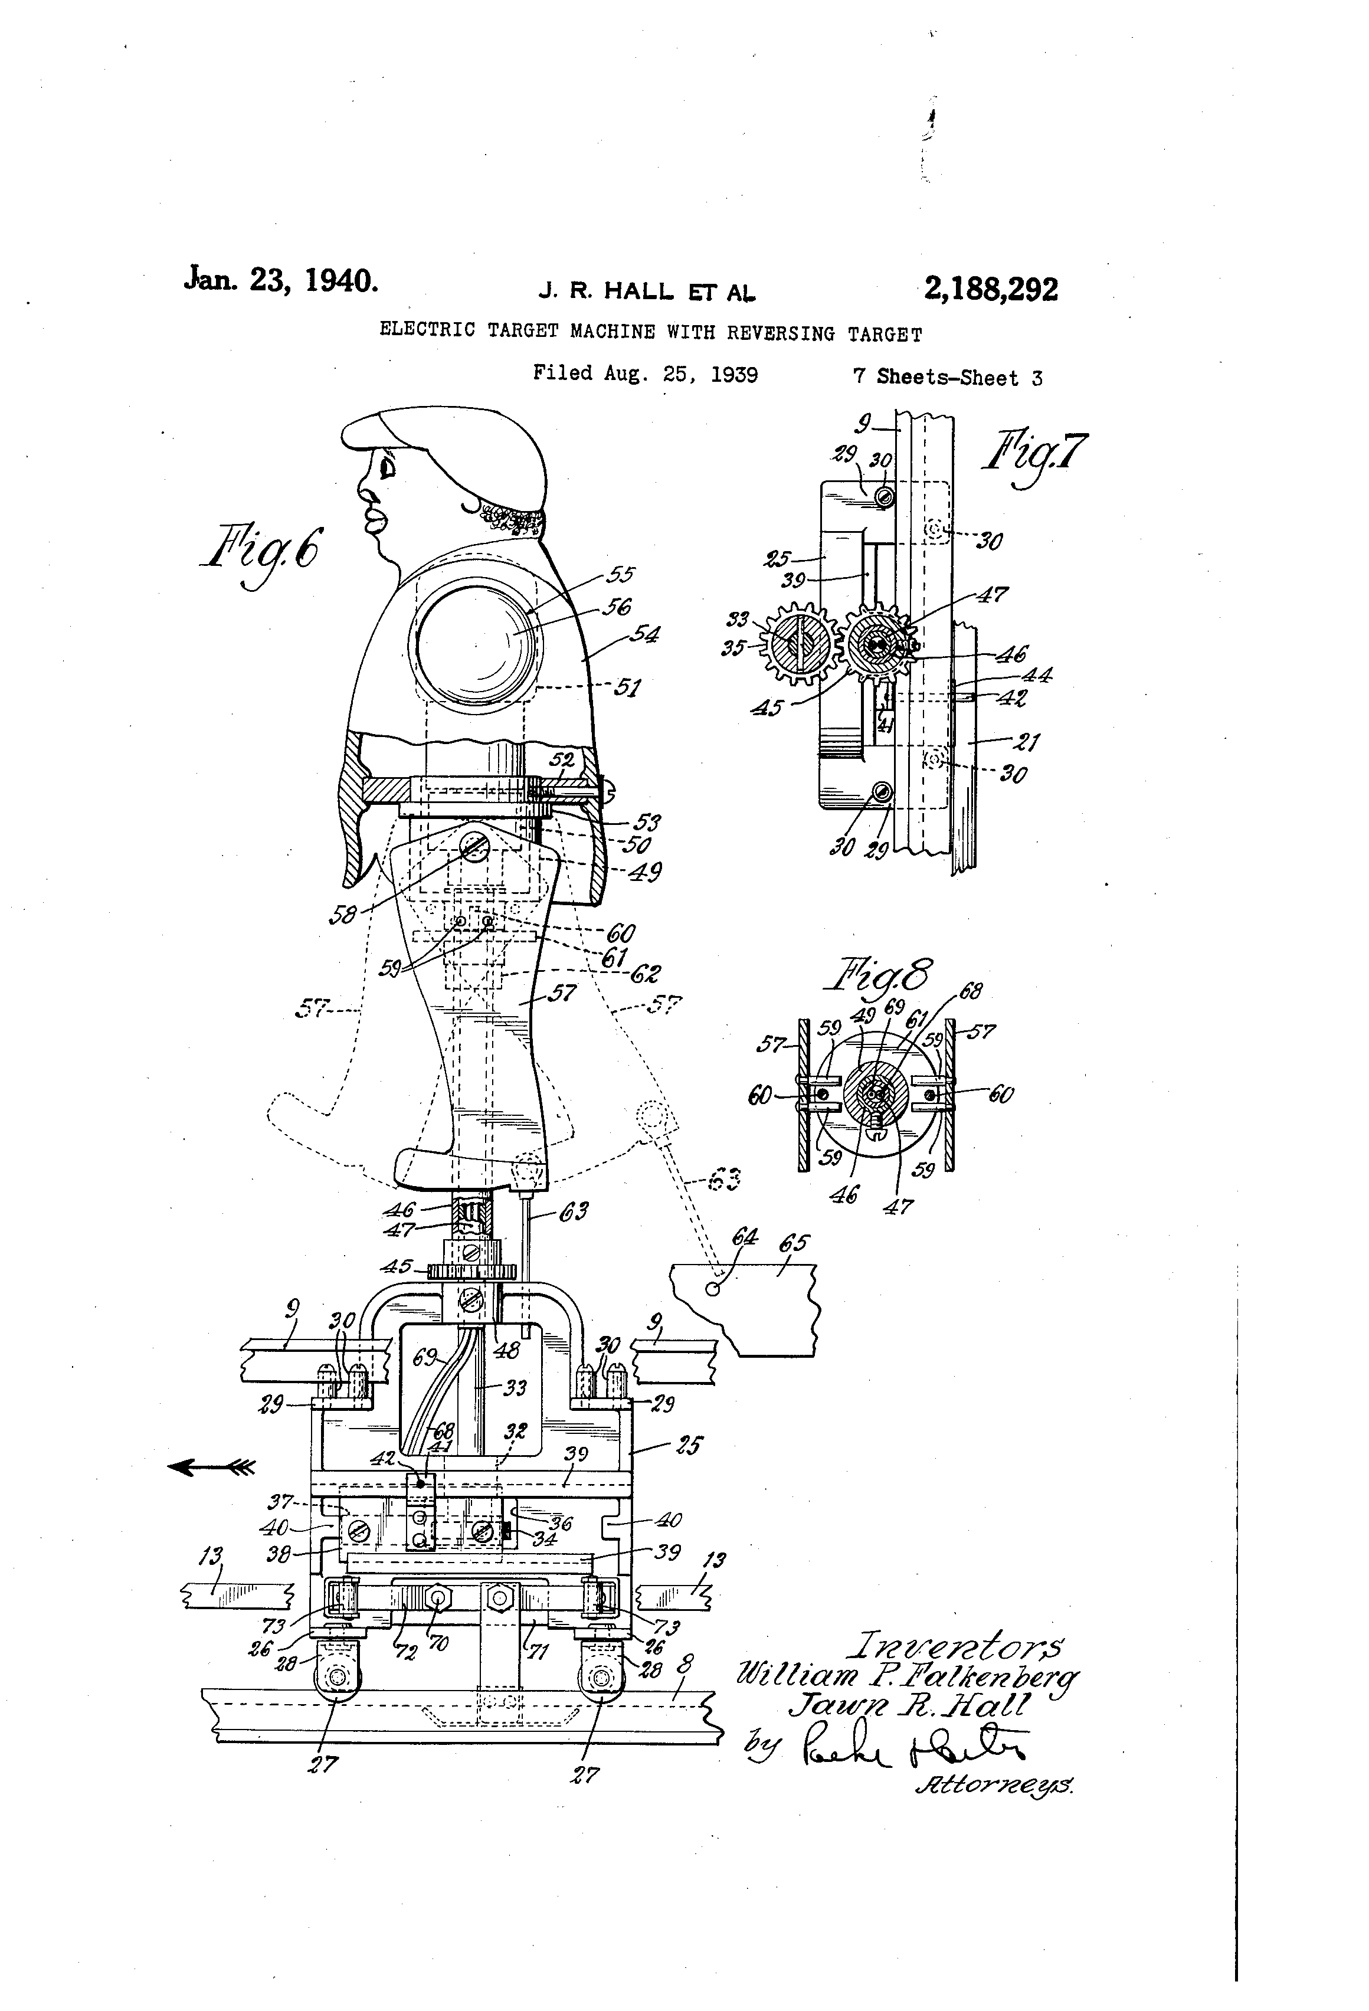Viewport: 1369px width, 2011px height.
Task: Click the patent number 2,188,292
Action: pyautogui.click(x=990, y=288)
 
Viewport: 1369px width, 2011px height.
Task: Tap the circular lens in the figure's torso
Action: pyautogui.click(x=475, y=644)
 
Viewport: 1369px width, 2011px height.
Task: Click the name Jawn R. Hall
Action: pyautogui.click(x=909, y=1705)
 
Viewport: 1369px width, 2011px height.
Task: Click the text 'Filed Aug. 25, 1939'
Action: pyautogui.click(x=645, y=374)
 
